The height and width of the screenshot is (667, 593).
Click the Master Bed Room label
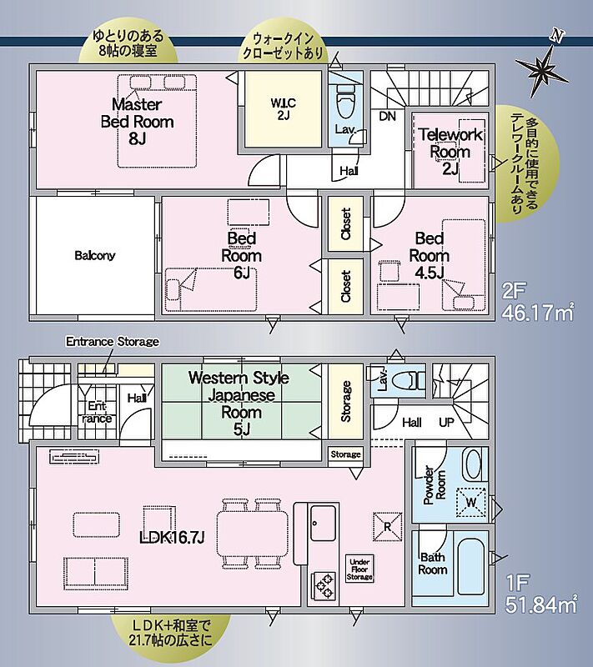(x=137, y=122)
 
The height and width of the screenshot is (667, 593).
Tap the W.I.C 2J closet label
(x=284, y=109)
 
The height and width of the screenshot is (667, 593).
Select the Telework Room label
(x=450, y=152)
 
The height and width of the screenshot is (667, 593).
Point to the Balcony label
(x=95, y=255)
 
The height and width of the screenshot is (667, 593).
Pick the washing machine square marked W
(x=471, y=503)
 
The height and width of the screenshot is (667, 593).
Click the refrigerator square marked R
(x=388, y=527)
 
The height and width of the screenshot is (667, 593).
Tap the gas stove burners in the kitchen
(x=324, y=586)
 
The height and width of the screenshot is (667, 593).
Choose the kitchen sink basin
(x=324, y=522)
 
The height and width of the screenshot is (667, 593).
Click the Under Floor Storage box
(x=359, y=569)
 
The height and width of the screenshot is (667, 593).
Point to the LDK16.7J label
(x=173, y=538)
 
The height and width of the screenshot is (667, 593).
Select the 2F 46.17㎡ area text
(x=538, y=302)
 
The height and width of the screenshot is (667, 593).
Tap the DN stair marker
(x=387, y=116)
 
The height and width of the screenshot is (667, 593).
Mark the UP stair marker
(x=447, y=423)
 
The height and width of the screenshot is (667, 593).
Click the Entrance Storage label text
(x=113, y=342)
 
